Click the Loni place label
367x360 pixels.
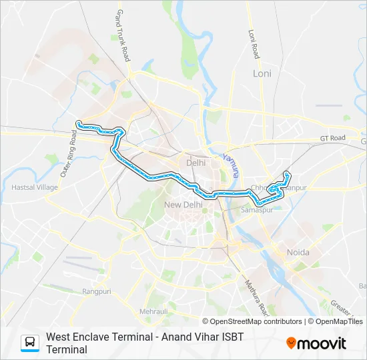coord(262,73)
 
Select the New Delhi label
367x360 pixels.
coord(183,204)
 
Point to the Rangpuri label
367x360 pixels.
coord(96,291)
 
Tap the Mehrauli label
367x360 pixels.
coord(153,311)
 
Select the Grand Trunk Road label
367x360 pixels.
coord(123,36)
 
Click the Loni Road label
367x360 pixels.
coord(253,43)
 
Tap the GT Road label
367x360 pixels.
coord(332,138)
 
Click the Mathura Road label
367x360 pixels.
coord(256,297)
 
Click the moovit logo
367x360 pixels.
coord(316,343)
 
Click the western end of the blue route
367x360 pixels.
coord(79,123)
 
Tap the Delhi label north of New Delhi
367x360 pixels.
coord(196,163)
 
